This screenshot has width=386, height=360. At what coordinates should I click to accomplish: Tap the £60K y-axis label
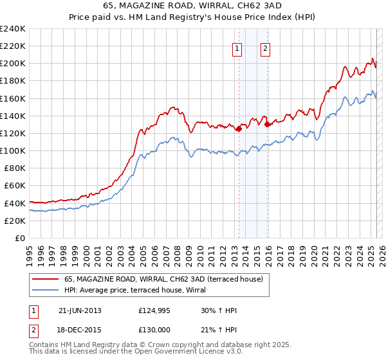point(14,186)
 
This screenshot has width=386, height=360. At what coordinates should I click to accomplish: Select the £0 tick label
point(19,238)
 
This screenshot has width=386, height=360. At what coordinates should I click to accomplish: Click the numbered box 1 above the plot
point(237,48)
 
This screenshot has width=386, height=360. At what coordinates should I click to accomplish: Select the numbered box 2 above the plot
point(265,48)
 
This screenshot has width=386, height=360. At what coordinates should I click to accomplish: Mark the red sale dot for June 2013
point(239,129)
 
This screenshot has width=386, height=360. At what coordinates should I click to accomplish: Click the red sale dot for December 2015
point(267,125)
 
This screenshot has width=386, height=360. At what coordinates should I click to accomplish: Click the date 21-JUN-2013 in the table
point(80,310)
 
